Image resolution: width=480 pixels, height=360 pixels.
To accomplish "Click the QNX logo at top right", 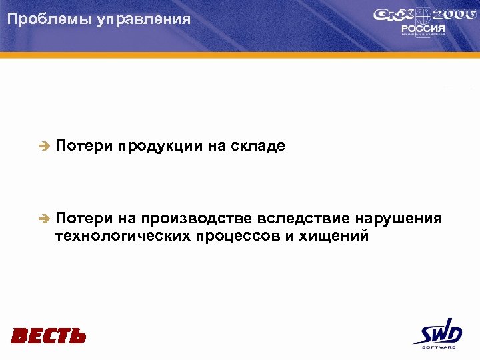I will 394,17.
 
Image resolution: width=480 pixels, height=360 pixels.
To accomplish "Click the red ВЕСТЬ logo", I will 49,335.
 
